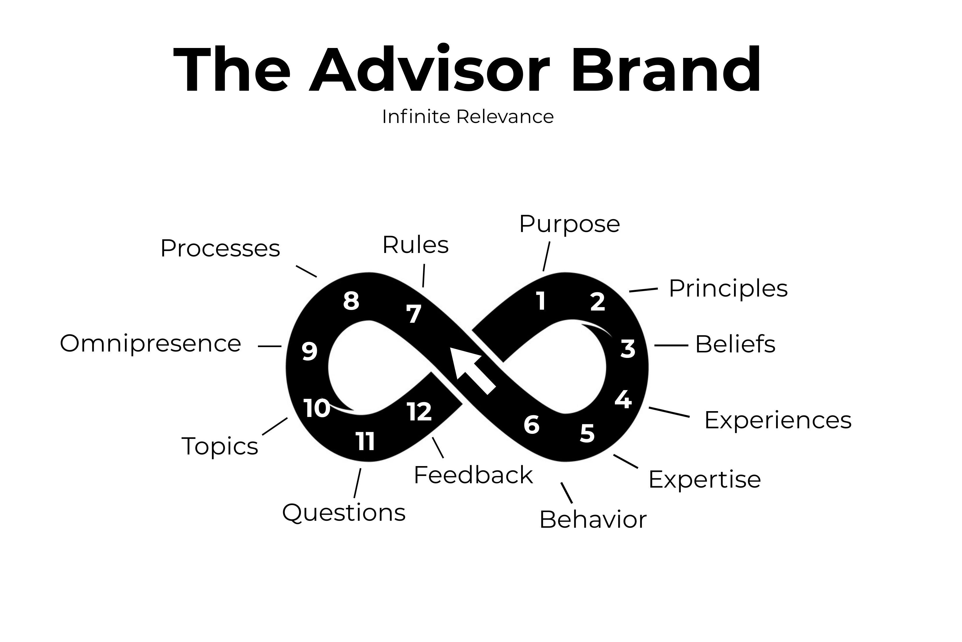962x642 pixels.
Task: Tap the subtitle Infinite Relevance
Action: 468,117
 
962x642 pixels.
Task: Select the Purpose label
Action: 569,224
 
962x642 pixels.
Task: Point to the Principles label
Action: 728,288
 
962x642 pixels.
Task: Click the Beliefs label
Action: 735,344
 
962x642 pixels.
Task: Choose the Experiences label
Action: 778,420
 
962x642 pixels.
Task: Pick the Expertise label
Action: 704,479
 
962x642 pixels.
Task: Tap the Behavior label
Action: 593,520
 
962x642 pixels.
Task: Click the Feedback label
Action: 473,475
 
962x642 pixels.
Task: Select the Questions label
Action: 344,513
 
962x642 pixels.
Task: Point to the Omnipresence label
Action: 150,343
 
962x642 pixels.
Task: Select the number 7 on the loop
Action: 414,314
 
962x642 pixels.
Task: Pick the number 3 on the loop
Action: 628,349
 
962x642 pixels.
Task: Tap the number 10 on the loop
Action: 317,408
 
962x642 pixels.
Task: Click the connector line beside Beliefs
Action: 671,345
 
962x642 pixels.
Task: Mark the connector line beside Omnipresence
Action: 270,346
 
